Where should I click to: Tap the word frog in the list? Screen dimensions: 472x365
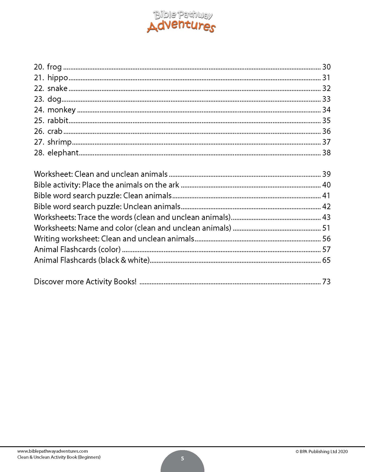pyautogui.click(x=54, y=67)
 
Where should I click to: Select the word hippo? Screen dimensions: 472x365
pyautogui.click(x=58, y=78)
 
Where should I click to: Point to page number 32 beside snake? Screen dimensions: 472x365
pyautogui.click(x=326, y=88)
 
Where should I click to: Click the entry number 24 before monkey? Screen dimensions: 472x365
pyautogui.click(x=39, y=110)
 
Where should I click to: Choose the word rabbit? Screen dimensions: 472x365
pyautogui.click(x=58, y=120)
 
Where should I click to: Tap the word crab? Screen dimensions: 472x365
pyautogui.click(x=55, y=131)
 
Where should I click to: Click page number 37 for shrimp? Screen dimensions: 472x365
pyautogui.click(x=326, y=142)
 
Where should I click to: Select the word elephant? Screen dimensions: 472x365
pyautogui.click(x=63, y=153)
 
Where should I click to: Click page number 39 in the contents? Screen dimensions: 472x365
pyautogui.click(x=326, y=174)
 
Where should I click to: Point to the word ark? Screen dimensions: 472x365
pyautogui.click(x=174, y=185)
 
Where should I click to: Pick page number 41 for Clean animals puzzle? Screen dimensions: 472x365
pyautogui.click(x=326, y=196)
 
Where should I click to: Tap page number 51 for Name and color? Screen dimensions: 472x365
pyautogui.click(x=326, y=228)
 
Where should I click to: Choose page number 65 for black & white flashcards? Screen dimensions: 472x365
pyautogui.click(x=326, y=260)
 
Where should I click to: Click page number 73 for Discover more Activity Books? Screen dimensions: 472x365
pyautogui.click(x=326, y=282)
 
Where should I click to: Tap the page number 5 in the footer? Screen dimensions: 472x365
pyautogui.click(x=182, y=459)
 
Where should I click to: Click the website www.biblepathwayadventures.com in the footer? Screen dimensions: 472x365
pyautogui.click(x=53, y=451)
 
